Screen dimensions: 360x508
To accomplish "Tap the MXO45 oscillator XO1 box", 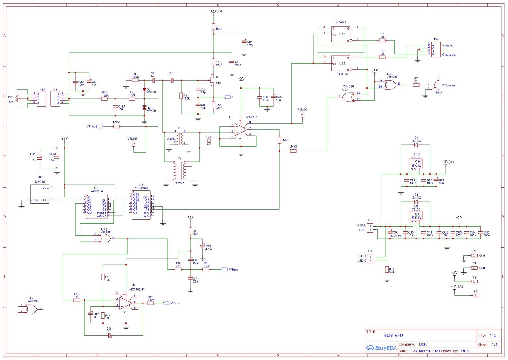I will pos(40,194).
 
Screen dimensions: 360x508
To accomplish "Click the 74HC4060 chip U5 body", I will pos(141,205).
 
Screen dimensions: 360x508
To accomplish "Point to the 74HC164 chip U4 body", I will pos(96,206).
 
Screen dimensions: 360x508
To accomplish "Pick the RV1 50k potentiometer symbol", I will pos(17,99).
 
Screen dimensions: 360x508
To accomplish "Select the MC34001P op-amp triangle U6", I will pos(125,303).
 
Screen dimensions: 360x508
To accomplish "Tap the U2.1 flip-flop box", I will pos(341,34).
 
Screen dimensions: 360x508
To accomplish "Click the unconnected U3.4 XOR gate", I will pos(31,309).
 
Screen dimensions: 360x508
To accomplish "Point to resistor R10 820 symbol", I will pos(387,269).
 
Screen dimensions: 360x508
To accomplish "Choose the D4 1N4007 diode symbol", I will pos(416,145).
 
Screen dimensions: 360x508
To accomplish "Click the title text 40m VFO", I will pos(393,335).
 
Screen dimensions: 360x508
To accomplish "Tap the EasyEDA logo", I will pos(381,348).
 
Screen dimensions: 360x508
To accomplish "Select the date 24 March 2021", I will pos(427,351).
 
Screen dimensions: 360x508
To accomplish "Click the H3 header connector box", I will pos(436,49).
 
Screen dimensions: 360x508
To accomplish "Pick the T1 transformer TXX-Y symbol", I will pos(180,171).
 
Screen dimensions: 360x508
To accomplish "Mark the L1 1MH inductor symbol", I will pos(213,27).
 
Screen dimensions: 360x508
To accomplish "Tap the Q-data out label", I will pos(449,55).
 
